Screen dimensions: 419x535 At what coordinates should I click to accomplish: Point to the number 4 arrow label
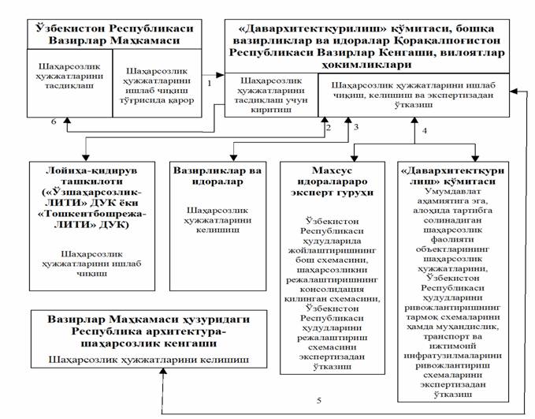pyautogui.click(x=425, y=132)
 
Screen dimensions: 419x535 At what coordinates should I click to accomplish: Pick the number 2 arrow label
pyautogui.click(x=325, y=126)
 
